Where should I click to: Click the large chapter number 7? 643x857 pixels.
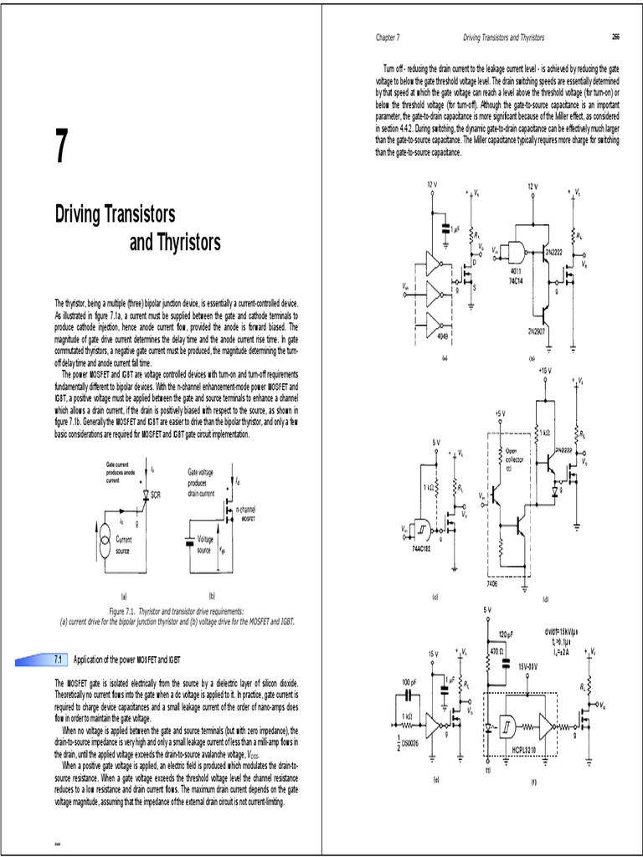point(60,149)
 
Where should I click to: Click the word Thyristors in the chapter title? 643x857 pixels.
point(175,243)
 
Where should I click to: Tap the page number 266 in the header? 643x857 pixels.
point(616,38)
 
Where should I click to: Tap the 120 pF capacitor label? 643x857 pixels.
point(505,634)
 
